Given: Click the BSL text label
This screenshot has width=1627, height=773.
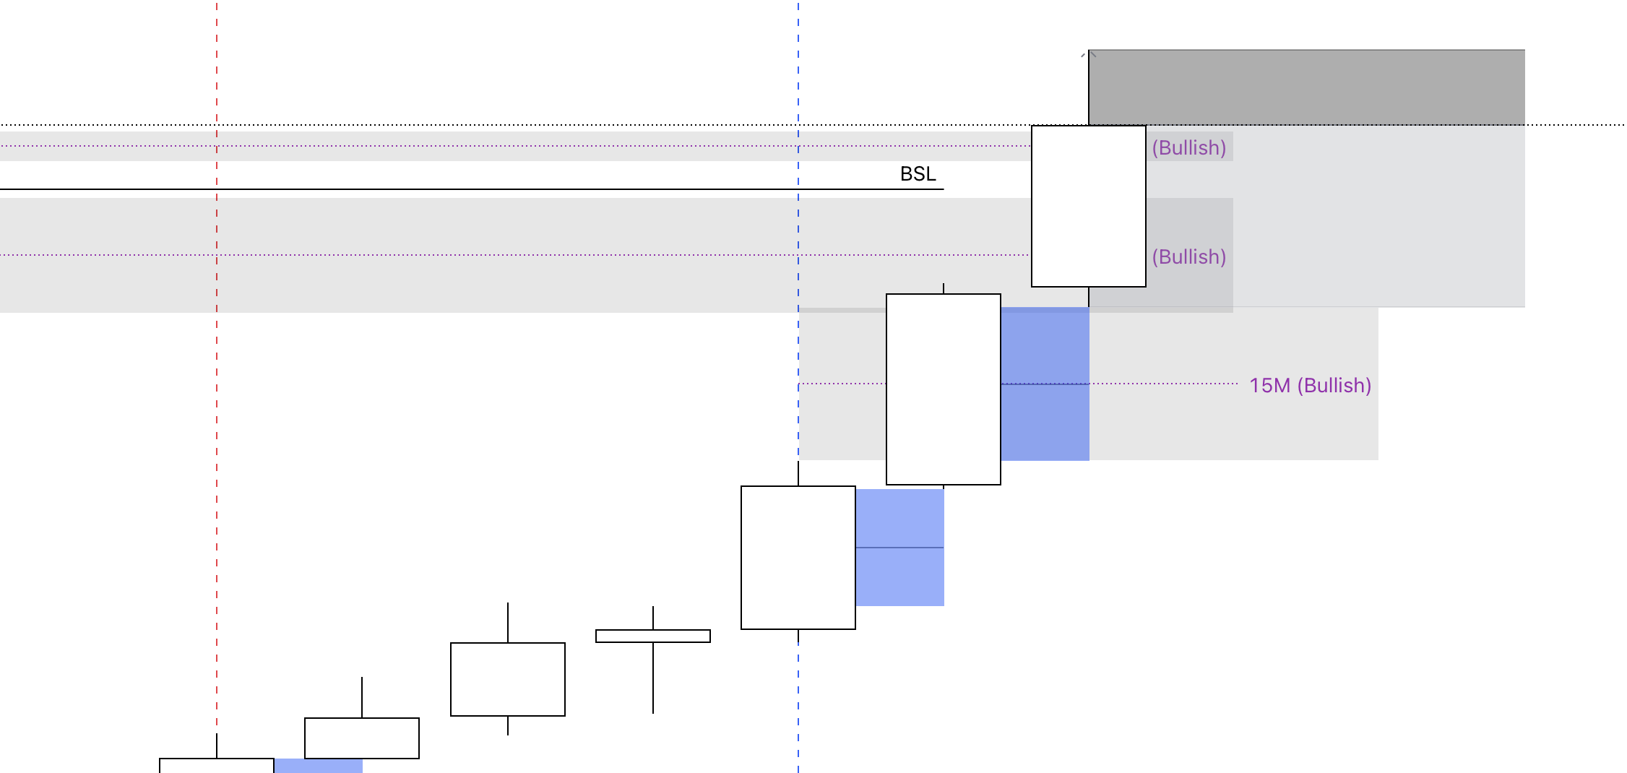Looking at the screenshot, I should coord(918,174).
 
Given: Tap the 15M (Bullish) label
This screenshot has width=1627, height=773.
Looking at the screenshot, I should coord(1310,386).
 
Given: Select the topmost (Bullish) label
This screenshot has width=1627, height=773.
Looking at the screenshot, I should coord(1188,148).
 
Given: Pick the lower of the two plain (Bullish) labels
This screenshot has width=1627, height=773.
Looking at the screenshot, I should coord(1188,257).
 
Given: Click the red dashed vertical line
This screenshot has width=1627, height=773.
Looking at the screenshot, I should coord(217,433).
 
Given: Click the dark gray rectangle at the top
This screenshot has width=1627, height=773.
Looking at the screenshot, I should coord(1306,87).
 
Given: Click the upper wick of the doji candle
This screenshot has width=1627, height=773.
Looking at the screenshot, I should coord(653,618).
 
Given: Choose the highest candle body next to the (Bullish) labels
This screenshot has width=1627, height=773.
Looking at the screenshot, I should coord(1088,207).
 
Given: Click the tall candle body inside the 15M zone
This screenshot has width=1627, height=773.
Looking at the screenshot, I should coord(943,389).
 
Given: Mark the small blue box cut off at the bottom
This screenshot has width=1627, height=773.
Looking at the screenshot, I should coord(318,766).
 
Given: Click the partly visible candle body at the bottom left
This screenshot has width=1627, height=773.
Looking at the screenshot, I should coord(216,766).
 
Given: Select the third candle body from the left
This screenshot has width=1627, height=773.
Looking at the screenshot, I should coord(507,679).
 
